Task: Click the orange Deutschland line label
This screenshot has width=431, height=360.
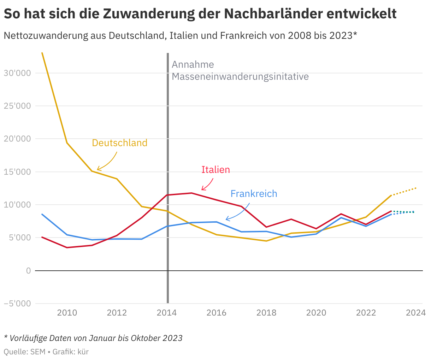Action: (119, 143)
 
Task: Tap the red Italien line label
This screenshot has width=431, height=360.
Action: (215, 170)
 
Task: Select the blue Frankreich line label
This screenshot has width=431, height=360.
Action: (254, 194)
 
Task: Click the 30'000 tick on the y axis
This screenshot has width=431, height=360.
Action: (17, 73)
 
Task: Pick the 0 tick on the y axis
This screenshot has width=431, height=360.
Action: (28, 271)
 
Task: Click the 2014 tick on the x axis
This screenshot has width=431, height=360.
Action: (167, 313)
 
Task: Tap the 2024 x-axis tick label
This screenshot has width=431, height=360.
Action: (416, 313)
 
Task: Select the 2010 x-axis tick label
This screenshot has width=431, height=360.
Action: (67, 313)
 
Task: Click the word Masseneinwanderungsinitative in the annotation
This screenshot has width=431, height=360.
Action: (240, 77)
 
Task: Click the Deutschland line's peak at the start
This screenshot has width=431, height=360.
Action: (42, 53)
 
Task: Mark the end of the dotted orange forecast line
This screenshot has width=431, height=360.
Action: (416, 188)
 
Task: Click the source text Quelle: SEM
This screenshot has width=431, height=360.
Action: (24, 352)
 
